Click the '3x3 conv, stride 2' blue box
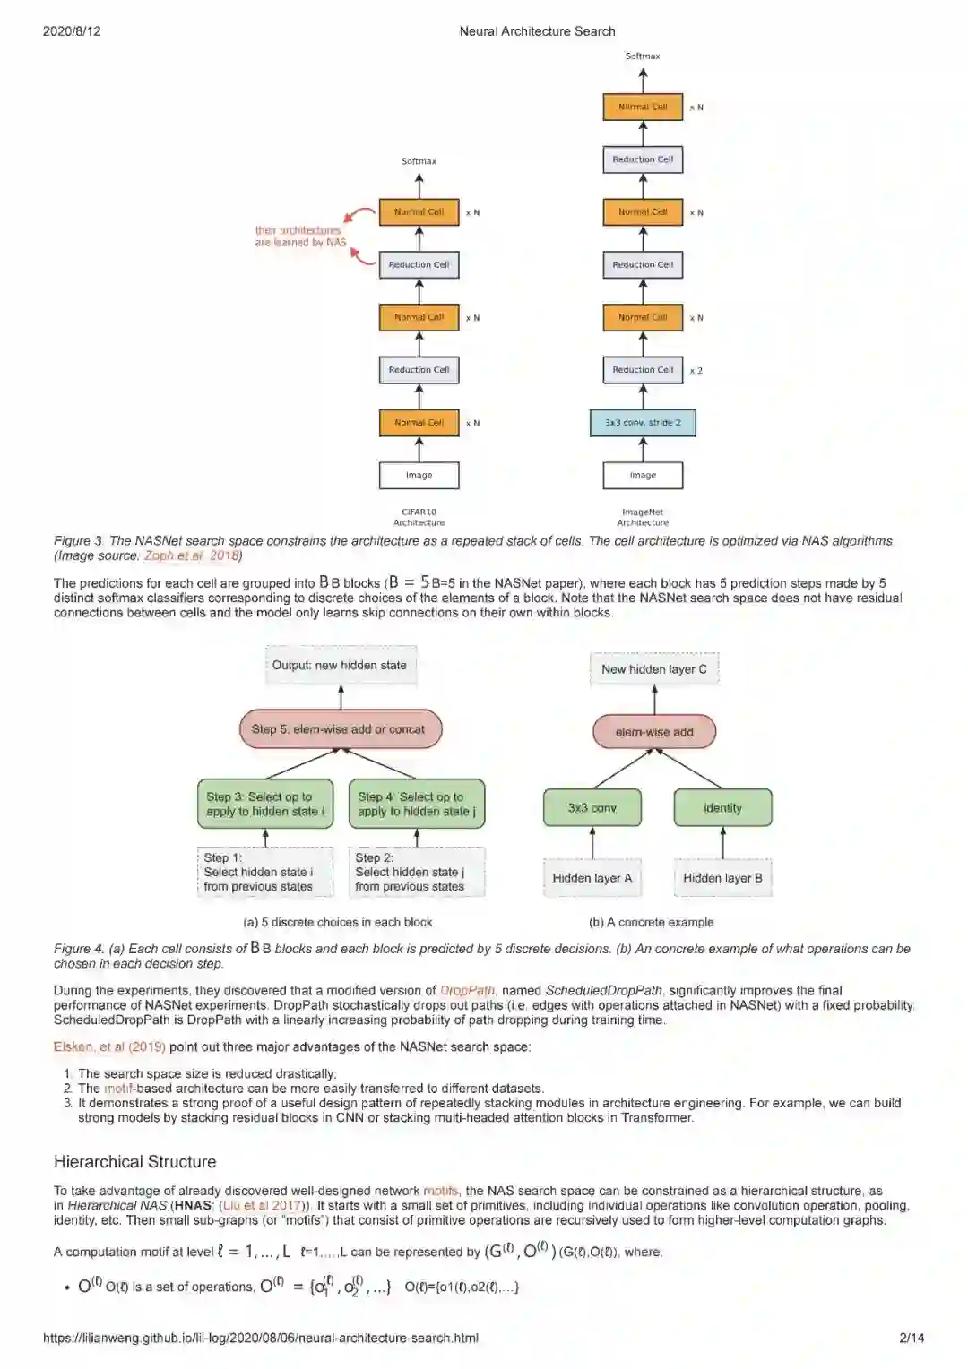pos(643,423)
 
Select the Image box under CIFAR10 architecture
pos(419,476)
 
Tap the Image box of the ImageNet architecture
pos(643,476)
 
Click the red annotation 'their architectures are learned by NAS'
pos(299,237)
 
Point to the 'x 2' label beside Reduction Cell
pos(696,371)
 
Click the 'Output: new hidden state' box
pos(340,666)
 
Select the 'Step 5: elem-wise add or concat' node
pos(340,729)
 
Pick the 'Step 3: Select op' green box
pos(264,804)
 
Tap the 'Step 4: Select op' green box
pos(417,804)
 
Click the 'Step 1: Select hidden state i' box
pos(264,872)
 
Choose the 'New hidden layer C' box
pos(654,669)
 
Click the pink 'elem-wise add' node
pos(654,732)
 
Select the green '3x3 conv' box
pos(592,808)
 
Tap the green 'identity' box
pos(722,808)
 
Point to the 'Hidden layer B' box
pos(722,878)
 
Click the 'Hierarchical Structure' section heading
pos(134,1162)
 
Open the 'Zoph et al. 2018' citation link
pos(192,555)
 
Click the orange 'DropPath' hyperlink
pos(467,991)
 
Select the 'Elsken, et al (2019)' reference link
pos(109,1046)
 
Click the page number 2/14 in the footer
pos(912,1338)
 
